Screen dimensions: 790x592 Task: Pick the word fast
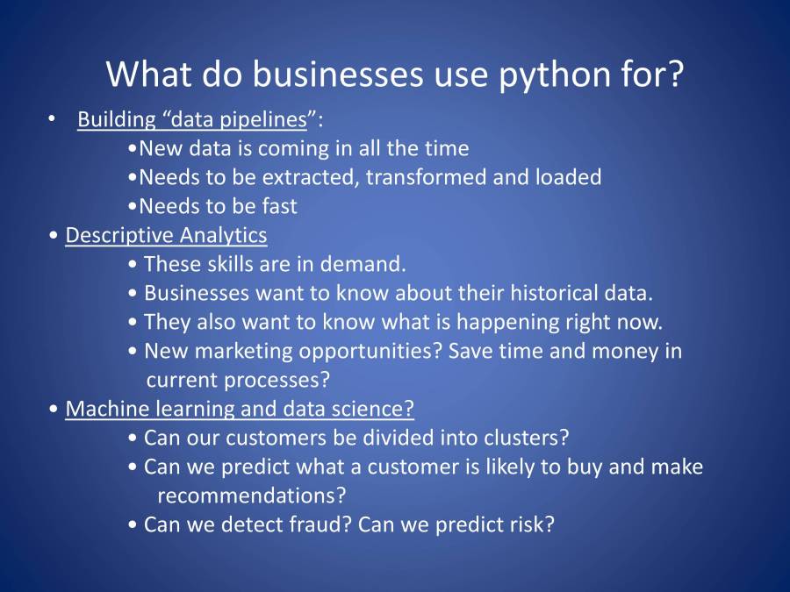(x=279, y=206)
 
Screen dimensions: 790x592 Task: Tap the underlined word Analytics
(x=223, y=236)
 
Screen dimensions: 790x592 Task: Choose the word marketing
(x=243, y=352)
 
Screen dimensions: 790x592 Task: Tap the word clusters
(x=526, y=438)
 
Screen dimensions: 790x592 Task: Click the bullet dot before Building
(x=51, y=119)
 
